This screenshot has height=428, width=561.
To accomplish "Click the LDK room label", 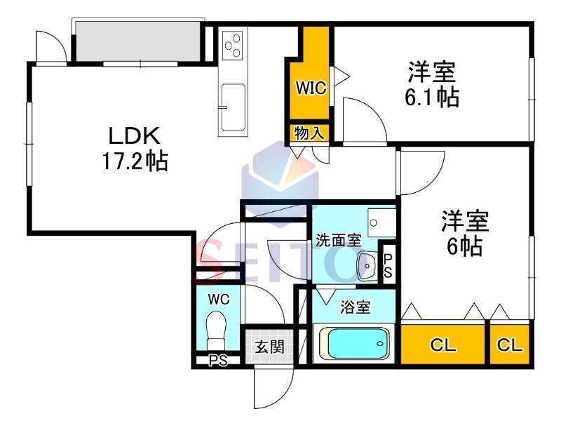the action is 135,136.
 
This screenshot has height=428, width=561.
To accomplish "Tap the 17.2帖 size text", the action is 135,161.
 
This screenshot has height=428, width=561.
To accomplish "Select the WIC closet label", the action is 311,88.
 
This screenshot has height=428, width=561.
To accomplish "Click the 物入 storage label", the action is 309,133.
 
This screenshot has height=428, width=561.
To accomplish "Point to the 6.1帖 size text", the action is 432,97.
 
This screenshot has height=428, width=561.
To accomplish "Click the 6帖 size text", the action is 464,246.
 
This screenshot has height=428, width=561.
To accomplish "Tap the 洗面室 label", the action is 338,240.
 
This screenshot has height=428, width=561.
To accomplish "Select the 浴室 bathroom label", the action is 356,307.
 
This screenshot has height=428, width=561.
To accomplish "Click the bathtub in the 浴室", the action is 354,344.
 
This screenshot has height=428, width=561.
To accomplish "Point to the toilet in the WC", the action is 216,330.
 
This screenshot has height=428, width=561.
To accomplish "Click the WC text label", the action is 219,299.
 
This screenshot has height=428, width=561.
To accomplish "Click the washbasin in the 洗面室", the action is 367,266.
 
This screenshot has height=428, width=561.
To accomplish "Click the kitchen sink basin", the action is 234,107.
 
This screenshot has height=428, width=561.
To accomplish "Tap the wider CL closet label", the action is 443,345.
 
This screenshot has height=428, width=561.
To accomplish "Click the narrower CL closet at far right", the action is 510,345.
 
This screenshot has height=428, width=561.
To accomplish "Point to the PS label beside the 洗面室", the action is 388,265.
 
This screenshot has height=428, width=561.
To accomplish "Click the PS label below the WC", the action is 218,361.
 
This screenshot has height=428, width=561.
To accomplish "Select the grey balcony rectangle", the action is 137,41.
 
